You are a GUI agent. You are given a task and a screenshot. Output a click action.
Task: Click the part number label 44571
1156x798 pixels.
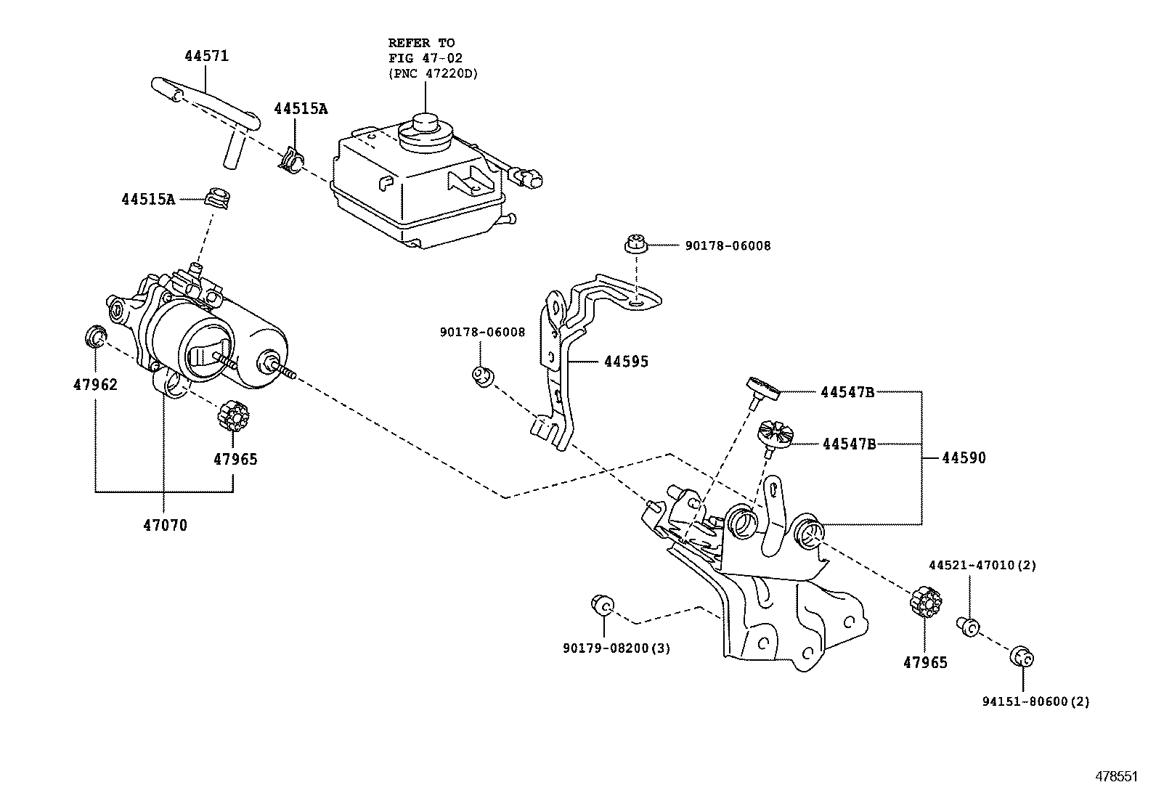(205, 56)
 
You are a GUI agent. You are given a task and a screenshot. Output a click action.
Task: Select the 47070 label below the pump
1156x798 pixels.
(165, 524)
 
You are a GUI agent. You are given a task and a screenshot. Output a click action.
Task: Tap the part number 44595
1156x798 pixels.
(626, 361)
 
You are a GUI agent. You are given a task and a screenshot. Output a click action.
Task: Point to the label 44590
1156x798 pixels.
(964, 458)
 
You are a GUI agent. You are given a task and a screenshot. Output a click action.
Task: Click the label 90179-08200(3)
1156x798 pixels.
(616, 648)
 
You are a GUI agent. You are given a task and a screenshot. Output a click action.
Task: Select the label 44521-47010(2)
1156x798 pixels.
(982, 565)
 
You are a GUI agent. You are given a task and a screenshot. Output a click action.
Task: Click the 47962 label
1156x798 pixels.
(94, 384)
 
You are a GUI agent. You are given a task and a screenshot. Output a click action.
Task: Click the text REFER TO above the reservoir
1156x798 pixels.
(421, 43)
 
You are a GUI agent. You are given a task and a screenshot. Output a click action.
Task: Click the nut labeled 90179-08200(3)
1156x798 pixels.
(603, 603)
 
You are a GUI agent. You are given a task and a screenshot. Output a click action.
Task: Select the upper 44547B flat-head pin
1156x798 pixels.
(763, 388)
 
